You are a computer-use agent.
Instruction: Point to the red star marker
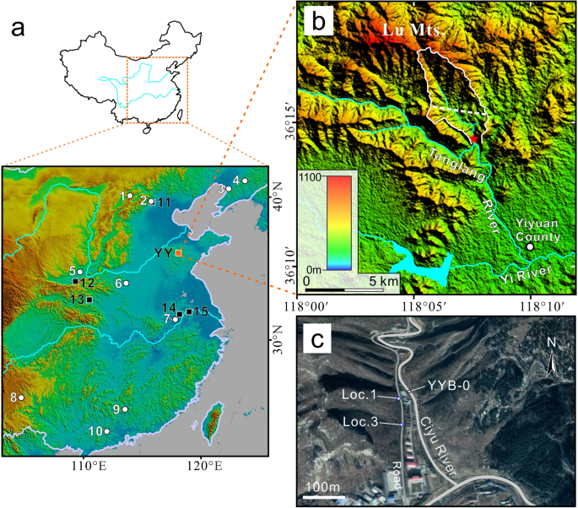click(x=474, y=138)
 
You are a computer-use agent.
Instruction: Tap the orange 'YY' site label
click(x=164, y=252)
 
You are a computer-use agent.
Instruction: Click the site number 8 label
click(x=14, y=397)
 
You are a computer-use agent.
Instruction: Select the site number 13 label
click(x=77, y=300)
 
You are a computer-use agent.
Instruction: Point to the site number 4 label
click(x=236, y=180)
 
